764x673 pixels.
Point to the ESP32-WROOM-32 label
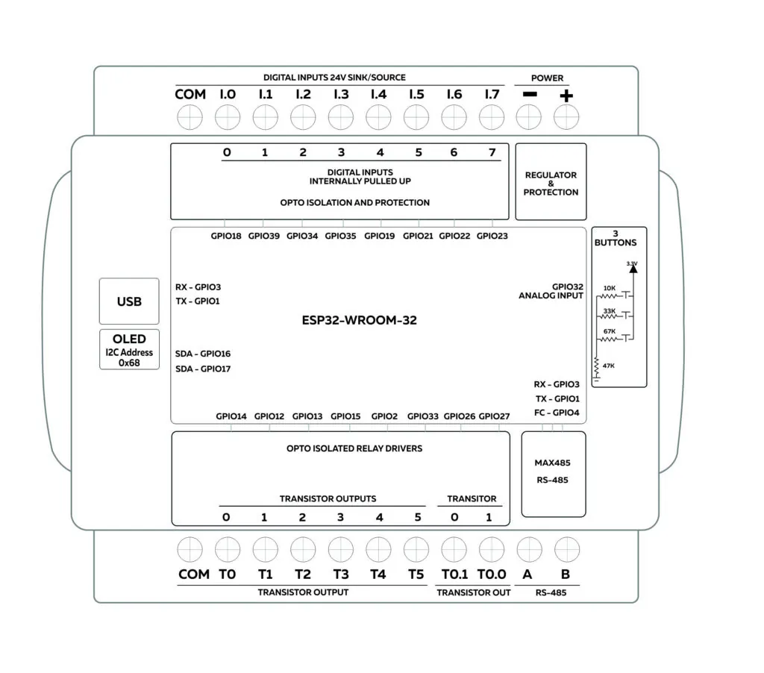[359, 320]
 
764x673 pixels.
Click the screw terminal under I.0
[228, 117]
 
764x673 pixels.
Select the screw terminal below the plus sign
[566, 117]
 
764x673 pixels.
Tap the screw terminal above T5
[416, 550]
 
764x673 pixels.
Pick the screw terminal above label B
[567, 550]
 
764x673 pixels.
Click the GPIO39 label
[264, 236]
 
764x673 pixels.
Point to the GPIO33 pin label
[423, 416]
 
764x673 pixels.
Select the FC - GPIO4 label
[557, 413]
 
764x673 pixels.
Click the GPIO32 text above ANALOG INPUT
[568, 287]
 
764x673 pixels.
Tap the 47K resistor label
[609, 366]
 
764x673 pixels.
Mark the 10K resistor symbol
[609, 295]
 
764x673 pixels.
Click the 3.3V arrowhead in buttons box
[633, 269]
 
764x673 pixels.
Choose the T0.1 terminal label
[454, 575]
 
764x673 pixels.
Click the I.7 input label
[492, 94]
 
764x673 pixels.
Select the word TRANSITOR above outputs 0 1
[472, 498]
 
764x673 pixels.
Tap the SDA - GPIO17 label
[203, 369]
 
